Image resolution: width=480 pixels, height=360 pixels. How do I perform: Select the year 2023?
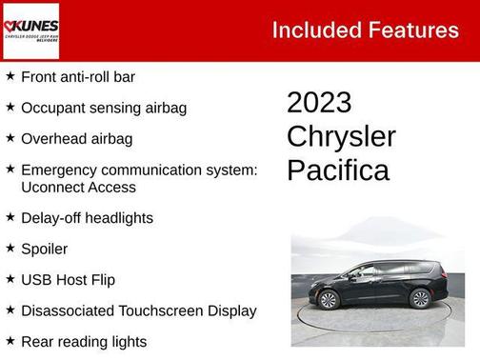319,103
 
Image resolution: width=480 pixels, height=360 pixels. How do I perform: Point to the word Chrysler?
341,136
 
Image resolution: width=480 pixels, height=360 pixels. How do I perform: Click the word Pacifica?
338,170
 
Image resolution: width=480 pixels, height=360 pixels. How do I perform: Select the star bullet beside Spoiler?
10,248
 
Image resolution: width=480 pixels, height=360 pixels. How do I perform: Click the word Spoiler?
45,249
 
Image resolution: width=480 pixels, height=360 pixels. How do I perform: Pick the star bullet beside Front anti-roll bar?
10,75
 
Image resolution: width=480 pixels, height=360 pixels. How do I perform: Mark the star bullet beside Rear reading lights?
10,340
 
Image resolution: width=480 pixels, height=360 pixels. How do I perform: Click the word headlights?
120,218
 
